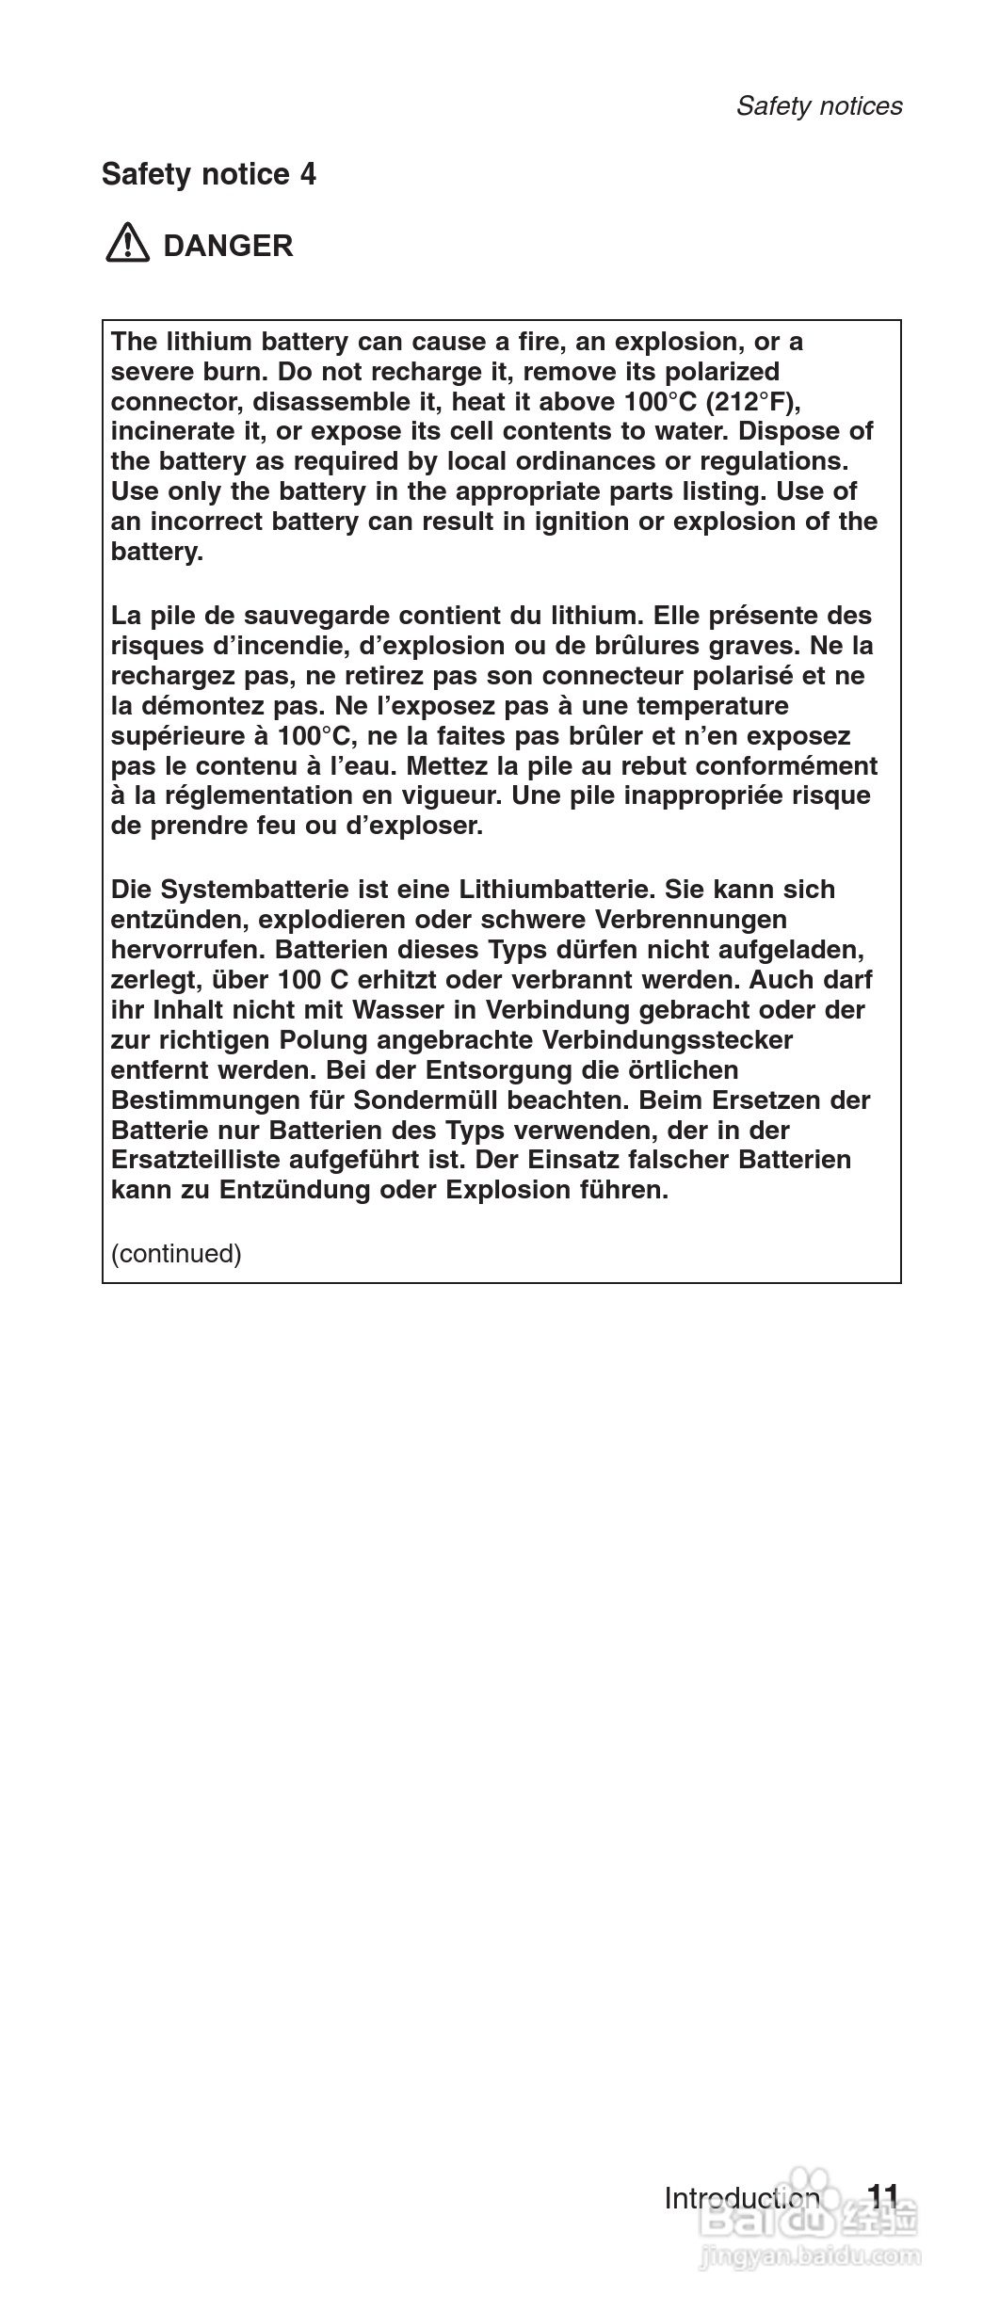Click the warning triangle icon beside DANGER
pos(127,245)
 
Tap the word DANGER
pos(228,246)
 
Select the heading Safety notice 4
pos(208,174)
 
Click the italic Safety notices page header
pos(818,105)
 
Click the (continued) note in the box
pos(176,1254)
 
